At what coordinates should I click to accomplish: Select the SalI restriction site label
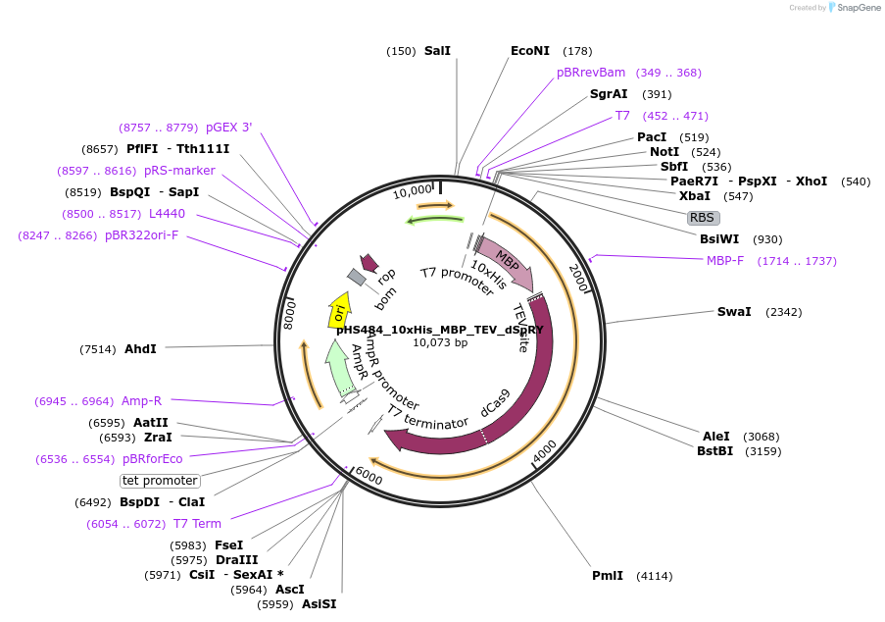tap(437, 51)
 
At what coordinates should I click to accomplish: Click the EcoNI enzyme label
tap(530, 51)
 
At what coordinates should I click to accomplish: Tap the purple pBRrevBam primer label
tap(591, 73)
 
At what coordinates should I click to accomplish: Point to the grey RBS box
tap(703, 218)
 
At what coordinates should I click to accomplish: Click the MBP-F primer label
tap(725, 261)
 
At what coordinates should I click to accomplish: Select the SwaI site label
tap(734, 312)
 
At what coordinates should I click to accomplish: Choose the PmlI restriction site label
tap(608, 576)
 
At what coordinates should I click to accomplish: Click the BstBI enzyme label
tap(714, 451)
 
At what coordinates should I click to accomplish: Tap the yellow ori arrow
tap(339, 309)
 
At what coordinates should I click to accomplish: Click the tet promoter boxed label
tap(160, 481)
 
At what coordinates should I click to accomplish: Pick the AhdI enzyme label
tap(140, 349)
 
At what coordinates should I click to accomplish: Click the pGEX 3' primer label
tap(228, 128)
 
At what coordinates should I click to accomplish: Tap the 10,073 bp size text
tap(440, 343)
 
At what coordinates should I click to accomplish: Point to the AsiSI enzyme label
tap(319, 604)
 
